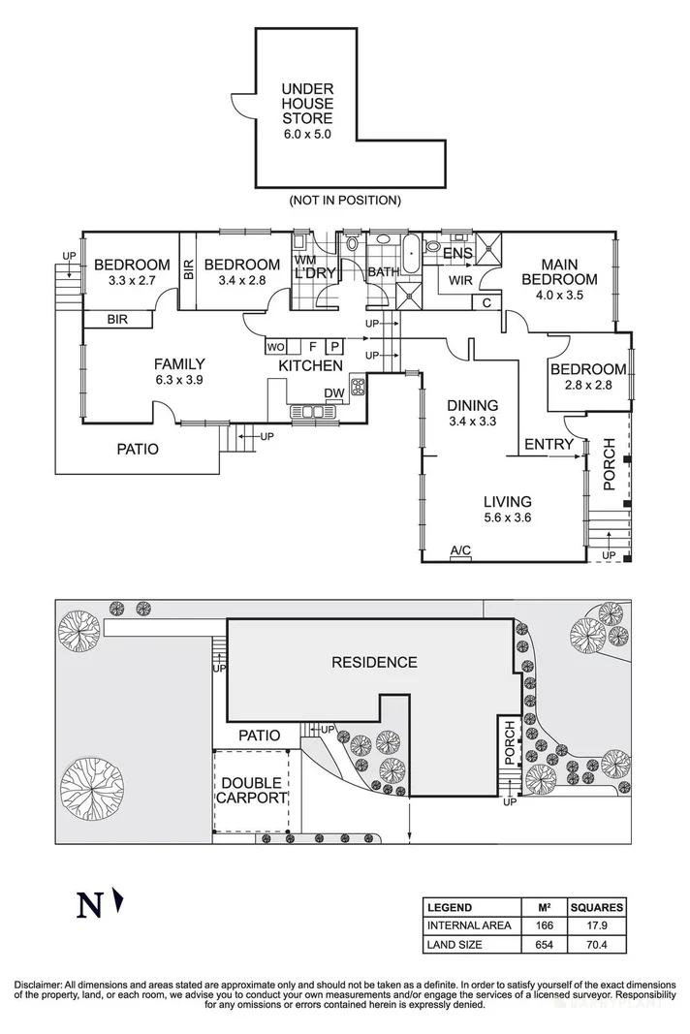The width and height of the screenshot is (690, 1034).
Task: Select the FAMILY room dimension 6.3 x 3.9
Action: tap(179, 381)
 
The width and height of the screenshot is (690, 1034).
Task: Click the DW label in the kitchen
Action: tap(334, 392)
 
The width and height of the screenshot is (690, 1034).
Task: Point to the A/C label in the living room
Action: tap(460, 550)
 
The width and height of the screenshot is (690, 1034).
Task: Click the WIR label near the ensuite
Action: tap(459, 281)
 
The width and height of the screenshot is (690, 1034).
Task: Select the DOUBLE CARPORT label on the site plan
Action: tap(252, 791)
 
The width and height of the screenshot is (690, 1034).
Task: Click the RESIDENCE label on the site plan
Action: tap(374, 663)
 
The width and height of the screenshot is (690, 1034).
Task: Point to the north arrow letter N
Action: tap(89, 905)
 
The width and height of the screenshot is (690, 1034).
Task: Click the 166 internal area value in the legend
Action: tap(545, 925)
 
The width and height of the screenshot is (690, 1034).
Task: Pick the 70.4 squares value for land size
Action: tap(596, 943)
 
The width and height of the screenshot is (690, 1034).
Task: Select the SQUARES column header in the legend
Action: tap(596, 908)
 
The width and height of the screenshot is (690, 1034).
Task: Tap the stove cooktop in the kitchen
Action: tap(357, 389)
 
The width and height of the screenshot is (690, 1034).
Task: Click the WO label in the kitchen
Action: tap(274, 346)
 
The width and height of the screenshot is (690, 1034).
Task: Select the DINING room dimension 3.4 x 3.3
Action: tap(472, 422)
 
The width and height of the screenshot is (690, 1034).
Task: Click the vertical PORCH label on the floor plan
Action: tap(609, 465)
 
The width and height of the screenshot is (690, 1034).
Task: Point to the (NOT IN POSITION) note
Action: tap(344, 201)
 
